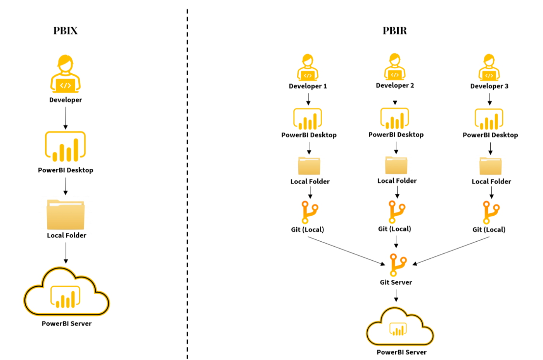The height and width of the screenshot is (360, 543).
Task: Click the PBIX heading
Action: click(65, 31)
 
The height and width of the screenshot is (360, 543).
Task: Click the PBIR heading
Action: click(394, 31)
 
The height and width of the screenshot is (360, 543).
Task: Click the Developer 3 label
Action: click(489, 86)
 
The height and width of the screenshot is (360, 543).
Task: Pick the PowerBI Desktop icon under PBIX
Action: click(65, 146)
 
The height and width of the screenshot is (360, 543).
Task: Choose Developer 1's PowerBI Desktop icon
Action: click(307, 119)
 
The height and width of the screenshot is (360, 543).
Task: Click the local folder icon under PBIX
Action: click(65, 215)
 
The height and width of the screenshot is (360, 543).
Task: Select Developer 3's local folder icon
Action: click(490, 166)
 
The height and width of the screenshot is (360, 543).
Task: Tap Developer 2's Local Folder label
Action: click(397, 181)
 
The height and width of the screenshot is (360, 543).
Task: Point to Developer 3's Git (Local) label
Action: click(489, 230)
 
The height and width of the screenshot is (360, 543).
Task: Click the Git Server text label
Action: click(396, 282)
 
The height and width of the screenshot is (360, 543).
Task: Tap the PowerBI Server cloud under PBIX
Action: click(66, 293)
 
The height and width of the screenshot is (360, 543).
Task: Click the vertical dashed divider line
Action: click(187, 182)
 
